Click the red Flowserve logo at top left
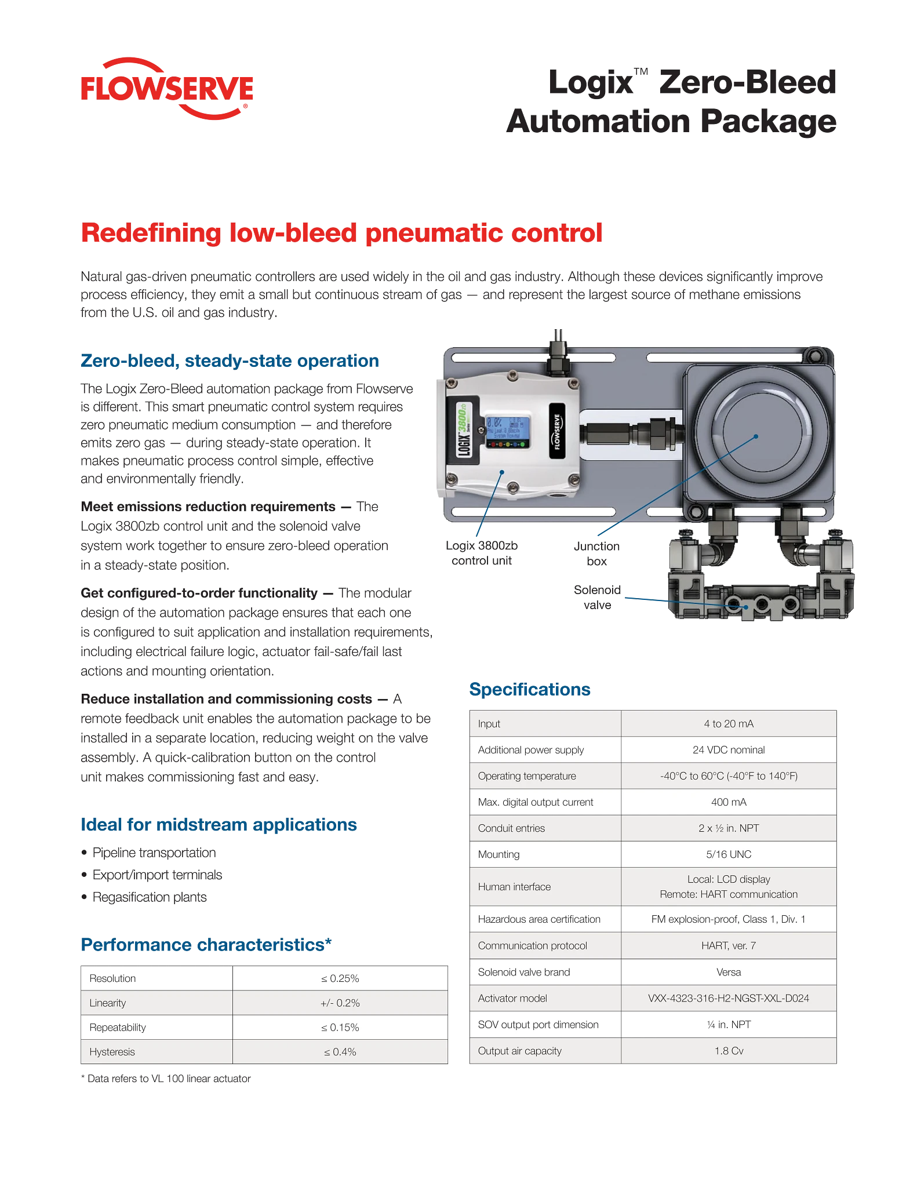[166, 89]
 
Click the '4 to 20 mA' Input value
[729, 723]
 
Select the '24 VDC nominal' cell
[729, 749]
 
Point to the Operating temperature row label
[527, 776]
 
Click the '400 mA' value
[729, 802]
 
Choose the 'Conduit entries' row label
[511, 828]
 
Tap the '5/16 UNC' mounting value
[729, 854]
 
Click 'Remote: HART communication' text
[729, 894]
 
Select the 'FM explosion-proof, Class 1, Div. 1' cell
[729, 919]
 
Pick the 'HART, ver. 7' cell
[729, 945]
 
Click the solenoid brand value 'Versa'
[729, 972]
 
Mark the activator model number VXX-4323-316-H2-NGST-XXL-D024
[729, 998]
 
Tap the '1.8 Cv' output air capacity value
[729, 1051]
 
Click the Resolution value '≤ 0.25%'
[340, 978]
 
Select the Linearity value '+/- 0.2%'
[340, 1003]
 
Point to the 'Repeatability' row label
[118, 1028]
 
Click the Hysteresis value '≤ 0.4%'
[340, 1052]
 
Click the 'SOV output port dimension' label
[538, 1025]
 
